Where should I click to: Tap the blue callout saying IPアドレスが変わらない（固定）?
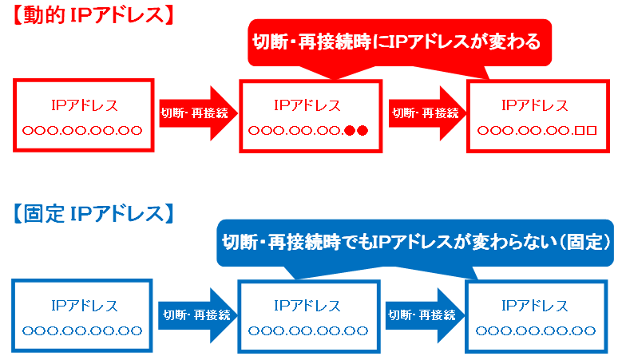[x=415, y=242]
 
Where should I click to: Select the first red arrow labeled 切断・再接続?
[x=198, y=113]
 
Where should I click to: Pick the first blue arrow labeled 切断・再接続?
[x=197, y=315]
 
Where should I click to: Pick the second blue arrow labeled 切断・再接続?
[x=425, y=315]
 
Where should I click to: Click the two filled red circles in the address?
[x=356, y=130]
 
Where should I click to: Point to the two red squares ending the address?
[x=585, y=130]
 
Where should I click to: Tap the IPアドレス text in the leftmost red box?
[x=84, y=105]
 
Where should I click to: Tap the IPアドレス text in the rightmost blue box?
[x=534, y=306]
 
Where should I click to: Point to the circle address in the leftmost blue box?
[x=82, y=330]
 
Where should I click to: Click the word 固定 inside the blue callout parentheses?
[x=585, y=242]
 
